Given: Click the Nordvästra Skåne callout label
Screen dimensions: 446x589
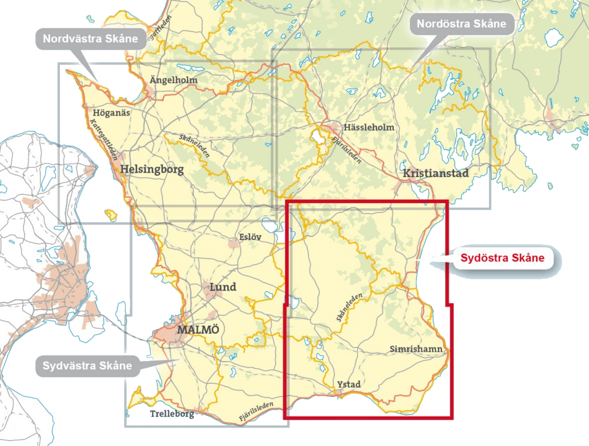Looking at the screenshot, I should pyautogui.click(x=90, y=39).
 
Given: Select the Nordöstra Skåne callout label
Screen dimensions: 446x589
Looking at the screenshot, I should pyautogui.click(x=461, y=24).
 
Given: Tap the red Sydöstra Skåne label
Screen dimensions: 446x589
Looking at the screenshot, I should pyautogui.click(x=502, y=258).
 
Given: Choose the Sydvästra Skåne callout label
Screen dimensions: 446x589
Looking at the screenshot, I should pyautogui.click(x=87, y=366).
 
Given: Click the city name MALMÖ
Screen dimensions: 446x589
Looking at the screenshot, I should pyautogui.click(x=198, y=329).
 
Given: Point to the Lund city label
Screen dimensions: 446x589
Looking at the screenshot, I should pyautogui.click(x=223, y=287).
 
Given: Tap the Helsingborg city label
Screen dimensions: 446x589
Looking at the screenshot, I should pyautogui.click(x=152, y=169).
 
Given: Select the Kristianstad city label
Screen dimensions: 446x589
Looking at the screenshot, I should pyautogui.click(x=436, y=173).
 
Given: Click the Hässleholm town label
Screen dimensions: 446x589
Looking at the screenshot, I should pyautogui.click(x=369, y=127).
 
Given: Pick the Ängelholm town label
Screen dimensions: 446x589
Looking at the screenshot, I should pyautogui.click(x=174, y=80).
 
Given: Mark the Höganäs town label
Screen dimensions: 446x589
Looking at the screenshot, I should pyautogui.click(x=111, y=113).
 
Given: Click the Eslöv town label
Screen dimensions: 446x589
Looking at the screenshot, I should pyautogui.click(x=250, y=237).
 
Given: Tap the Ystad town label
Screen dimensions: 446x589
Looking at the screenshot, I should pyautogui.click(x=349, y=384).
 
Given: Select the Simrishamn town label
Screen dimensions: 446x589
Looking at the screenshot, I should pyautogui.click(x=416, y=349).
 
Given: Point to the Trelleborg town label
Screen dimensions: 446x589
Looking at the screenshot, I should pyautogui.click(x=172, y=414).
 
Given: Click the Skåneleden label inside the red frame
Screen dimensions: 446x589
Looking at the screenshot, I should pyautogui.click(x=349, y=307).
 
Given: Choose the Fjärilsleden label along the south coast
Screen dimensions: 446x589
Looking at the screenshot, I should pyautogui.click(x=256, y=412).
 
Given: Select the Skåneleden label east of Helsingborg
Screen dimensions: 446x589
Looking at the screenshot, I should pyautogui.click(x=194, y=146).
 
